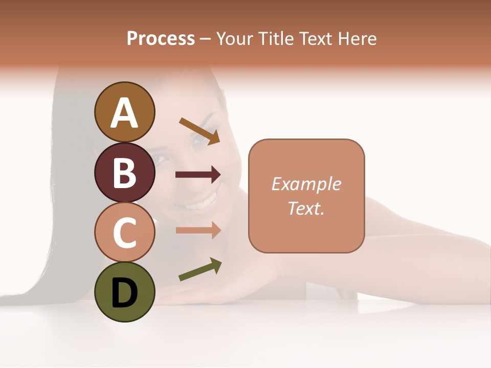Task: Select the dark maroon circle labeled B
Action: pyautogui.click(x=125, y=173)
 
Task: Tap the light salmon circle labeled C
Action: pyautogui.click(x=125, y=232)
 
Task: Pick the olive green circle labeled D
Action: pyautogui.click(x=125, y=292)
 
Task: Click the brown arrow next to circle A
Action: pyautogui.click(x=199, y=131)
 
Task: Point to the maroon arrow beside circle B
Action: pyautogui.click(x=198, y=175)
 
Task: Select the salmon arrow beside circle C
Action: pyautogui.click(x=198, y=230)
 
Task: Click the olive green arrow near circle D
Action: pyautogui.click(x=200, y=269)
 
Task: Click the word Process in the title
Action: pyautogui.click(x=161, y=38)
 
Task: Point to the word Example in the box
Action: pyautogui.click(x=306, y=184)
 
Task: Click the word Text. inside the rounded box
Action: pyautogui.click(x=306, y=208)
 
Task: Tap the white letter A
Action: pyautogui.click(x=125, y=112)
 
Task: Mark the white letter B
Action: pyautogui.click(x=125, y=173)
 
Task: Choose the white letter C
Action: pyautogui.click(x=125, y=233)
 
